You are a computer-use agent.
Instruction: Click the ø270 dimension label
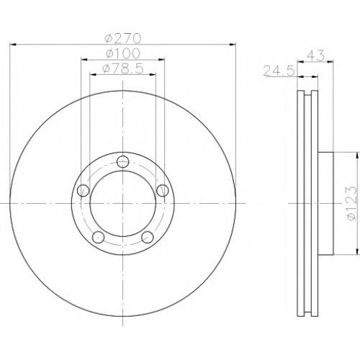tap(122, 38)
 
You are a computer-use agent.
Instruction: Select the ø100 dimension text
tap(122, 53)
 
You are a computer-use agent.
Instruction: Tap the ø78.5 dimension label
tap(122, 69)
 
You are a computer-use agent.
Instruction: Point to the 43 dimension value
tap(315, 55)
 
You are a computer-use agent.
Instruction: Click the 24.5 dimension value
tap(279, 71)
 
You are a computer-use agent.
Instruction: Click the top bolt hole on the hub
tap(122, 161)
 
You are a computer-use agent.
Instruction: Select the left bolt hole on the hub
tap(84, 190)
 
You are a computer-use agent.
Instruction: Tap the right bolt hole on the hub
tap(162, 190)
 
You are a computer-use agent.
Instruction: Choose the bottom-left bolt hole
tap(99, 237)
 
